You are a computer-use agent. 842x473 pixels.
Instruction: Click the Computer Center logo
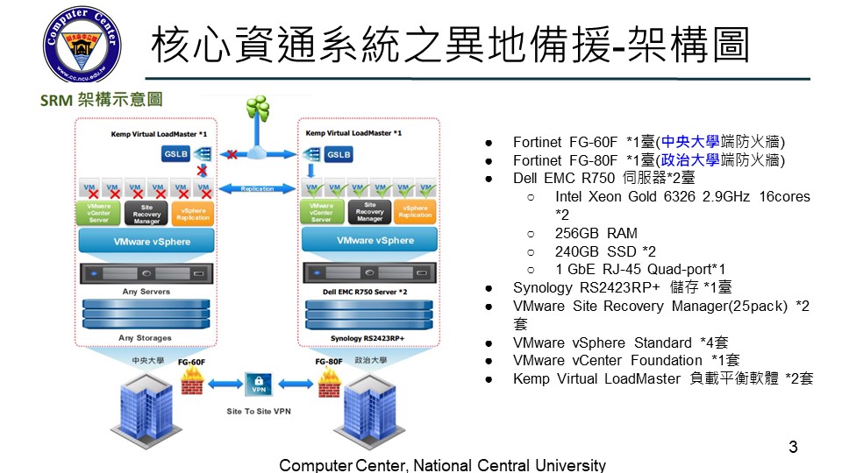83,46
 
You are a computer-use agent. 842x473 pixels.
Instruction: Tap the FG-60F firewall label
192,360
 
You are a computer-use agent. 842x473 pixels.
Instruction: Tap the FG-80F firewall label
329,360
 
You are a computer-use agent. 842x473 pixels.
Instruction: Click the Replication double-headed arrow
257,188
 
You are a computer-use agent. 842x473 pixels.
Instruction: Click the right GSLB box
339,154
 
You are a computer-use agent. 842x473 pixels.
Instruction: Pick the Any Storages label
145,337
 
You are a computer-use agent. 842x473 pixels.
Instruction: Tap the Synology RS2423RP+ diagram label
369,337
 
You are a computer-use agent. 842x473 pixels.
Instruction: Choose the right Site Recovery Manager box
369,212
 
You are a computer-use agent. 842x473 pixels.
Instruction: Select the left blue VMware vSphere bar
146,242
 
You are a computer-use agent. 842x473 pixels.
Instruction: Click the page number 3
793,448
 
